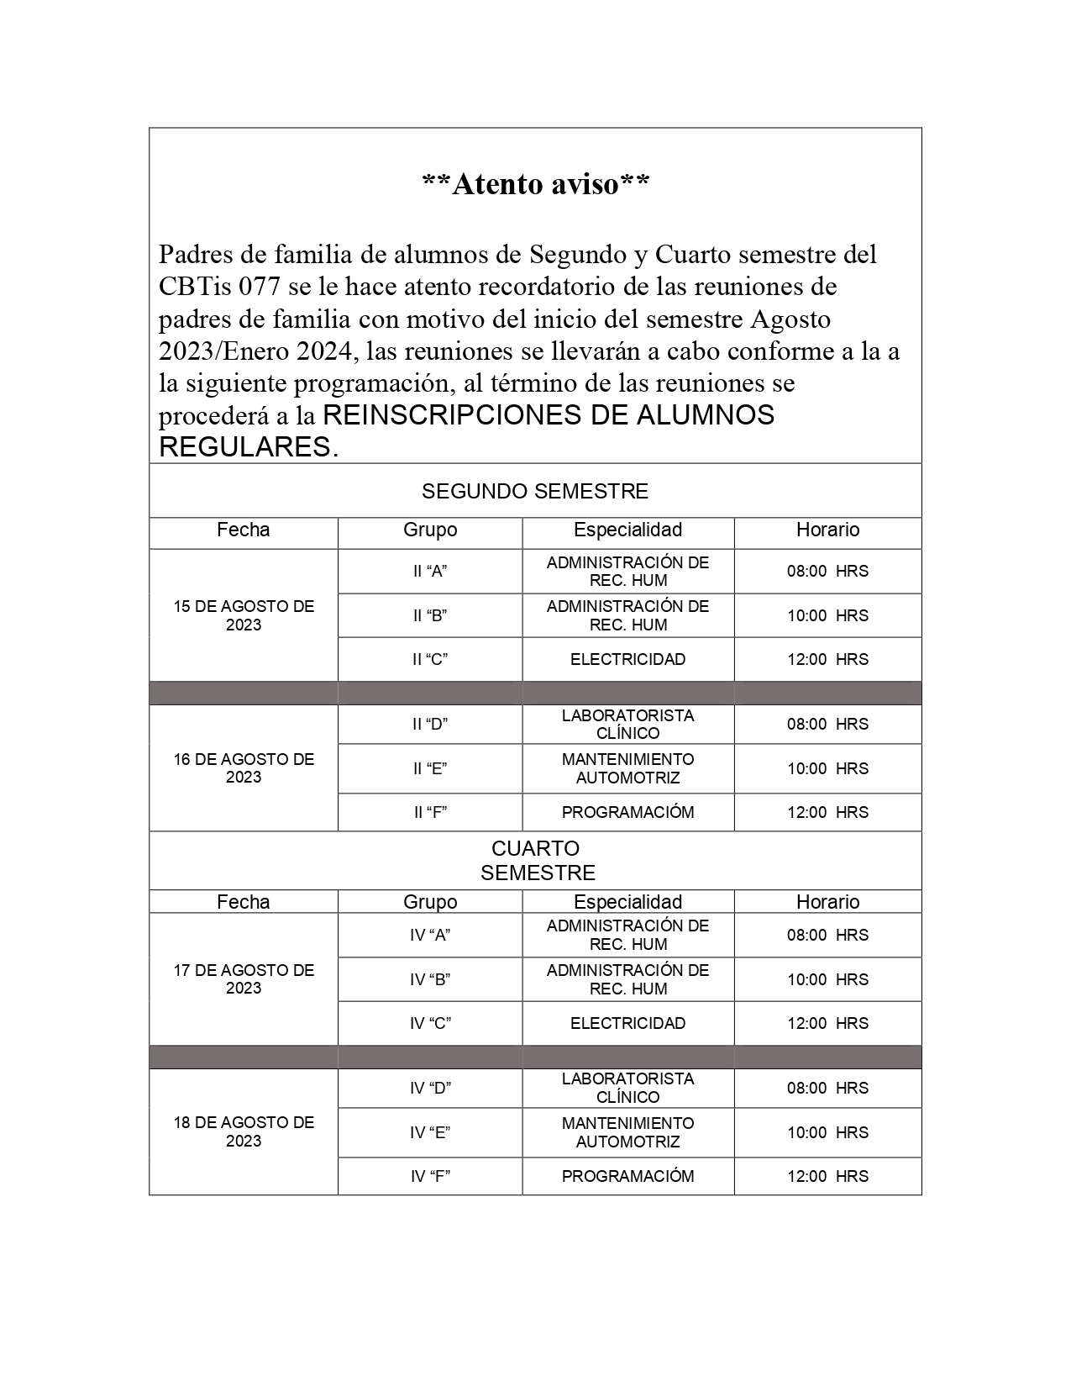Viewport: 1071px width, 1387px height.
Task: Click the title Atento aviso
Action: click(535, 184)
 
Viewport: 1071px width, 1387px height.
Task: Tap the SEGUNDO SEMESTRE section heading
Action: click(535, 491)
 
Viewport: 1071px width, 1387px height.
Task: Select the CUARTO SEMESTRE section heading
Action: click(537, 861)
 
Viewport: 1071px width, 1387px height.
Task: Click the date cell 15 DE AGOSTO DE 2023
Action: click(244, 615)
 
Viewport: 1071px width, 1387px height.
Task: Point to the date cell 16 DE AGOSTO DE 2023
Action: click(244, 768)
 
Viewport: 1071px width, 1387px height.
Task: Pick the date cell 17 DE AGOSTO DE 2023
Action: click(244, 979)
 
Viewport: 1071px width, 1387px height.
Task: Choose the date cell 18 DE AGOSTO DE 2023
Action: click(244, 1131)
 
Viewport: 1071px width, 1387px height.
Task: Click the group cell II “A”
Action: click(430, 572)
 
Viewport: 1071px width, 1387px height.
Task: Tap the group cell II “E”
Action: click(430, 768)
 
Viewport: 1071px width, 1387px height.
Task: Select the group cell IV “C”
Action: click(430, 1024)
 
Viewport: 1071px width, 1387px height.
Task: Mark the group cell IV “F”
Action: click(430, 1176)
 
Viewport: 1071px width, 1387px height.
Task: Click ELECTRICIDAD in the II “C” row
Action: click(627, 660)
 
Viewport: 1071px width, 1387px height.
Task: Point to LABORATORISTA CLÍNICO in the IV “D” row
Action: click(627, 1088)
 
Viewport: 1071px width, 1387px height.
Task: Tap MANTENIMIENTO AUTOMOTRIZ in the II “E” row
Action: click(627, 768)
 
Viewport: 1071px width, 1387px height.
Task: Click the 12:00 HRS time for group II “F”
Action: click(827, 812)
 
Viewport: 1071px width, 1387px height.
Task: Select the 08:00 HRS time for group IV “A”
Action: click(827, 935)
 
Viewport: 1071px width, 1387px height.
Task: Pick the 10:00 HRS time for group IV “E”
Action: click(827, 1132)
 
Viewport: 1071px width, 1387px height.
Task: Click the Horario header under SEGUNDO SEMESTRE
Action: click(827, 530)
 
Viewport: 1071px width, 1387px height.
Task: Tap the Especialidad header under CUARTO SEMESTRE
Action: click(627, 902)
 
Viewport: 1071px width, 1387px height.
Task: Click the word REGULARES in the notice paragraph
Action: click(244, 447)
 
